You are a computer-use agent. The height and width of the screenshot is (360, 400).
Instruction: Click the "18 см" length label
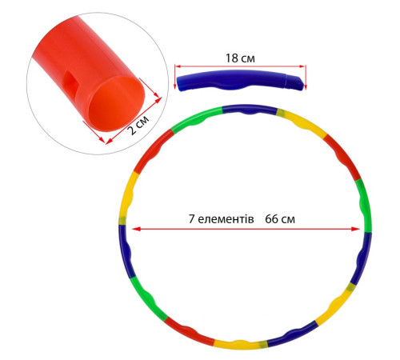point(240,58)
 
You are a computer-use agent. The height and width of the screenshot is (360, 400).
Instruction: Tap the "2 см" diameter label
point(138,125)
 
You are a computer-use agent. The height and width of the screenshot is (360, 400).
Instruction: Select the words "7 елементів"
point(221,219)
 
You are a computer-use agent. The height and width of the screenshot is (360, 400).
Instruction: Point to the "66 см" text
point(280,219)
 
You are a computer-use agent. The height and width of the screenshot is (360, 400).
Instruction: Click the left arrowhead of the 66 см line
point(136,229)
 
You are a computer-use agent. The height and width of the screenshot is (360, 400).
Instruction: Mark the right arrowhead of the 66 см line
point(356,229)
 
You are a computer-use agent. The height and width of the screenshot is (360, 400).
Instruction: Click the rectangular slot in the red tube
point(69,78)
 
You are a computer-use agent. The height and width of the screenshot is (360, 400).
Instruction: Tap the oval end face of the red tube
point(117,104)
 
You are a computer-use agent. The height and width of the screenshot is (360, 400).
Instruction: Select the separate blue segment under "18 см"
point(240,79)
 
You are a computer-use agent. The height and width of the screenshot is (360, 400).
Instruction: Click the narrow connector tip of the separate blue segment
point(295,82)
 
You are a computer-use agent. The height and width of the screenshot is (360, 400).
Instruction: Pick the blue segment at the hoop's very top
point(250,110)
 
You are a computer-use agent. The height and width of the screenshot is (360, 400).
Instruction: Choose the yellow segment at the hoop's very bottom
point(240,344)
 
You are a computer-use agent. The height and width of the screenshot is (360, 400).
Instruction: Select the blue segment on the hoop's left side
point(126,251)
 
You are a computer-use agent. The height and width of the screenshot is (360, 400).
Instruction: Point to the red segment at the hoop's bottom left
point(188,330)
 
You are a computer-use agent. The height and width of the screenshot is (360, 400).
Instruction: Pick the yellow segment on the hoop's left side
point(126,198)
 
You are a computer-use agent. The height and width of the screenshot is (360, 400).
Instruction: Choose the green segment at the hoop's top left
point(196,118)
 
